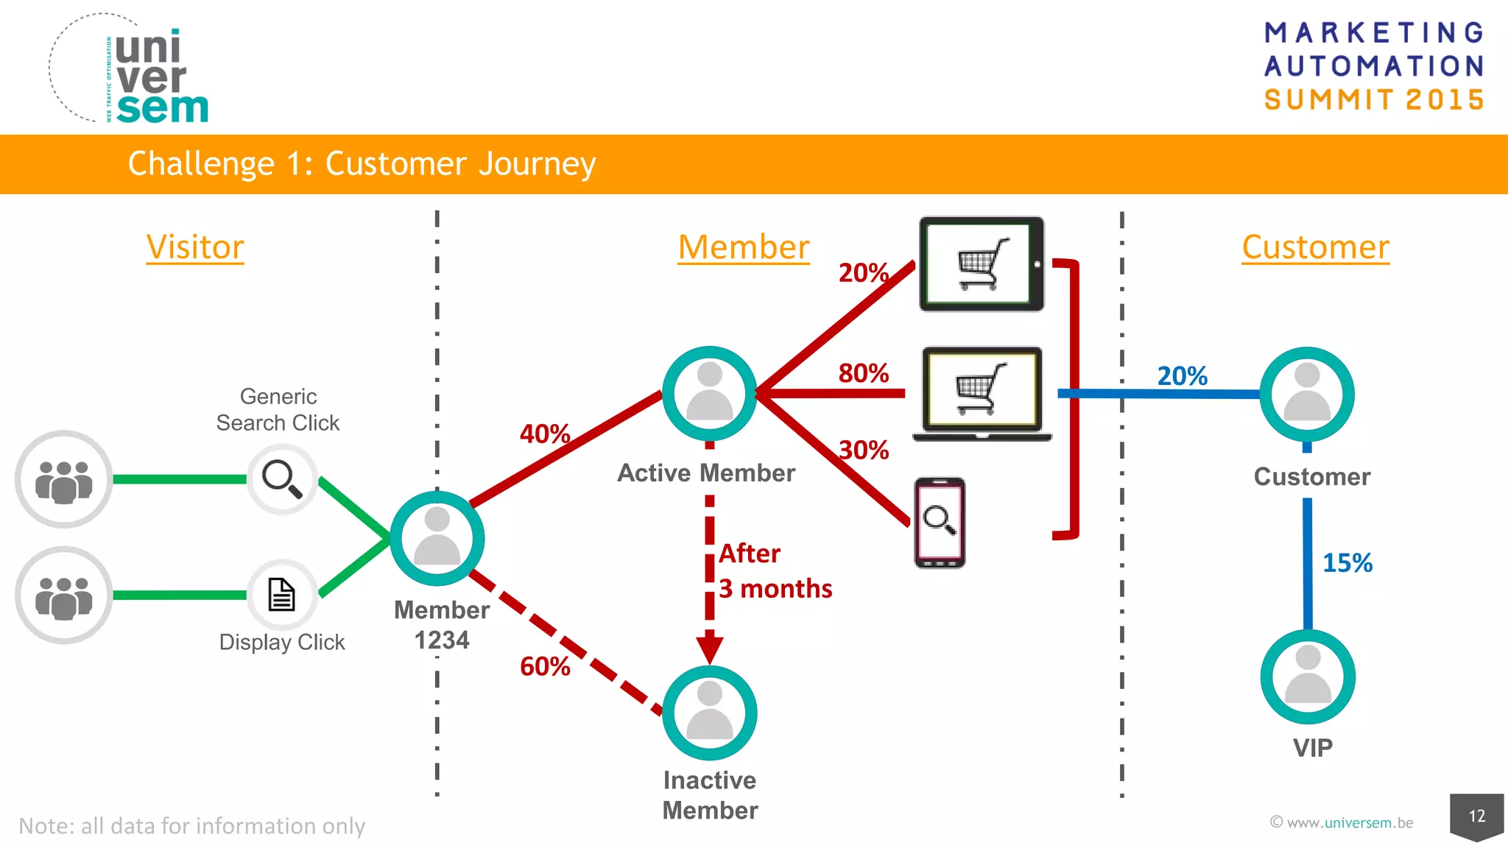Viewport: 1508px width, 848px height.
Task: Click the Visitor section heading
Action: [x=195, y=247]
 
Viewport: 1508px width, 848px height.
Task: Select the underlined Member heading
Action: [x=743, y=247]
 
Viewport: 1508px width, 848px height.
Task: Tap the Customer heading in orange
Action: [x=1315, y=247]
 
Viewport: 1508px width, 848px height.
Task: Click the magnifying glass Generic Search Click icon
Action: [x=282, y=479]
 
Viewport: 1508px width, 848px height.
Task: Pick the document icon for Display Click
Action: [x=281, y=595]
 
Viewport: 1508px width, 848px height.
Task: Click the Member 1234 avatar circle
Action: [x=437, y=539]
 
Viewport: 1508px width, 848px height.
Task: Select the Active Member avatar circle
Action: [x=709, y=394]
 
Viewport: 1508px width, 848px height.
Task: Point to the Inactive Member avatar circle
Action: [x=709, y=713]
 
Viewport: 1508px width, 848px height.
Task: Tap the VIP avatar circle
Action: [x=1308, y=676]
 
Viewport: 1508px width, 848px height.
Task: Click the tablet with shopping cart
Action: [x=982, y=264]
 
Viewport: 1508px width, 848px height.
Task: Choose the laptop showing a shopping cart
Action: [x=982, y=393]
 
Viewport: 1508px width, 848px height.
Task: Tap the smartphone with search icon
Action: [x=940, y=523]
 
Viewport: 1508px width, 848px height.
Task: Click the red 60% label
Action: [x=545, y=667]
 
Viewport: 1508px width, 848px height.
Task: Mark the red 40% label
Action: [x=545, y=434]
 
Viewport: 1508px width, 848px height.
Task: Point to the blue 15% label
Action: [x=1347, y=563]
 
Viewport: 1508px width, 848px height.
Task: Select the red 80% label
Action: [x=864, y=373]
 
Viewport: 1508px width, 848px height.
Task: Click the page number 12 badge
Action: [x=1476, y=816]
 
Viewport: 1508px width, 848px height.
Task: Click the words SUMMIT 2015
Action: [x=1374, y=100]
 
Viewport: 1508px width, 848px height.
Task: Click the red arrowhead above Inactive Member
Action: [x=709, y=648]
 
